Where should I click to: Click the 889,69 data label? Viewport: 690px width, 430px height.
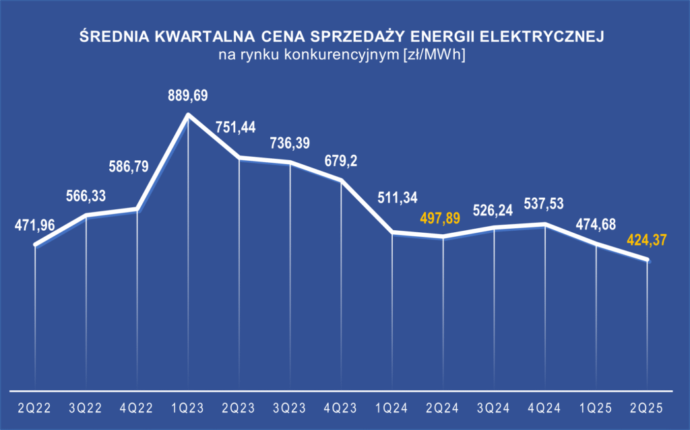pyautogui.click(x=188, y=97)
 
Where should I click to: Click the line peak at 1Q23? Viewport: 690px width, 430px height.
pyautogui.click(x=188, y=115)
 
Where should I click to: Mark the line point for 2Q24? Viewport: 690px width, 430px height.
pyautogui.click(x=443, y=236)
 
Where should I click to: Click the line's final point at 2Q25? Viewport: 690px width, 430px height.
pyautogui.click(x=648, y=260)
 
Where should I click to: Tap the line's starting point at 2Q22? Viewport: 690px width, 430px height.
pyautogui.click(x=35, y=245)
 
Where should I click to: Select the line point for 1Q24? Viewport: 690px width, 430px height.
pyautogui.click(x=392, y=232)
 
